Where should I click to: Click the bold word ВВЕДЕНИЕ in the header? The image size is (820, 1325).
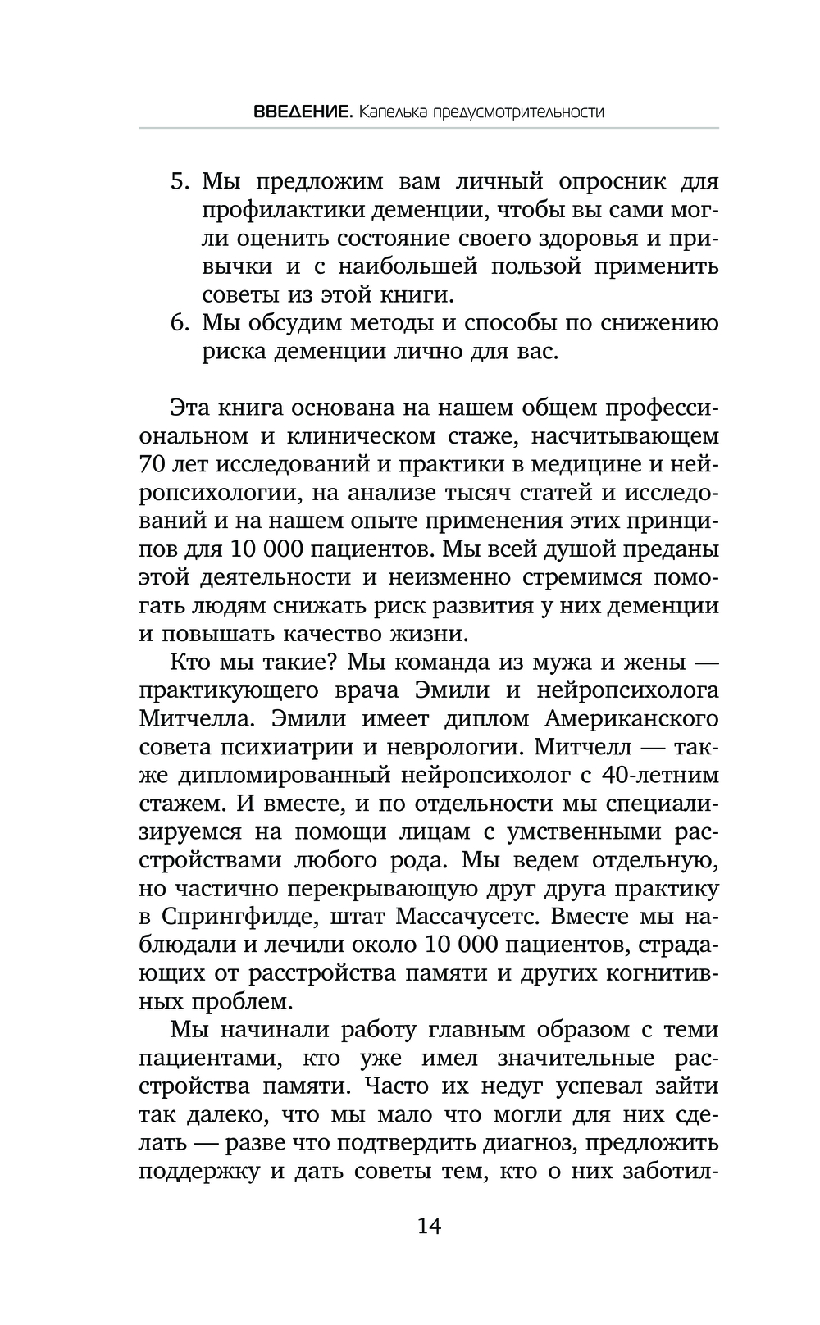tap(302, 112)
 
